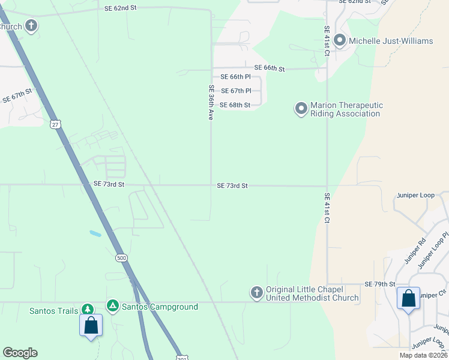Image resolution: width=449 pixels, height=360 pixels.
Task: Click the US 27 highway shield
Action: pyautogui.click(x=55, y=124)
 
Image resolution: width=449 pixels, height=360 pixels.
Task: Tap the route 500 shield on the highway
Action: pyautogui.click(x=122, y=258)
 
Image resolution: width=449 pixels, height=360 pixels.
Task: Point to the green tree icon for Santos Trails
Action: pyautogui.click(x=88, y=308)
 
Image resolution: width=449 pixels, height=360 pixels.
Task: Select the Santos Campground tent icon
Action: pyautogui.click(x=112, y=306)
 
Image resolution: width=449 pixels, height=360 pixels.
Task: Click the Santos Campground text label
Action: pyautogui.click(x=160, y=307)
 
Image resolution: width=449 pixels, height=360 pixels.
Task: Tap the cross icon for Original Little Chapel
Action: pyautogui.click(x=257, y=292)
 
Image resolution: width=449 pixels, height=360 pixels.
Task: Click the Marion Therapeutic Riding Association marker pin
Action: pyautogui.click(x=301, y=109)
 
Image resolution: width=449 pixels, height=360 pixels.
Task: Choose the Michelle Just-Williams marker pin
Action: pyautogui.click(x=339, y=41)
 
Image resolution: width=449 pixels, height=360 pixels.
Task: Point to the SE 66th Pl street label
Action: pyautogui.click(x=235, y=77)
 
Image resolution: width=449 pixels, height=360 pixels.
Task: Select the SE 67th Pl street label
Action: pyautogui.click(x=236, y=91)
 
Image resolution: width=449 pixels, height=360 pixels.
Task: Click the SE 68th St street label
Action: pyautogui.click(x=235, y=105)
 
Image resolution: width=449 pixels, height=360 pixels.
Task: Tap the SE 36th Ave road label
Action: pyautogui.click(x=211, y=103)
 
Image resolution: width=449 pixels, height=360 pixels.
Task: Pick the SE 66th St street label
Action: pyautogui.click(x=269, y=68)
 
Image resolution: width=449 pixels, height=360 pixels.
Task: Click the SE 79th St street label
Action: pyautogui.click(x=380, y=284)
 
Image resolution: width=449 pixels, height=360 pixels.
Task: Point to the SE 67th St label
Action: pyautogui.click(x=17, y=96)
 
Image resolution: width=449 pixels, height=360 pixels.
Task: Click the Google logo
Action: pyautogui.click(x=20, y=353)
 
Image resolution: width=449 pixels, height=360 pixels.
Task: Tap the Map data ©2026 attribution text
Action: pyautogui.click(x=423, y=355)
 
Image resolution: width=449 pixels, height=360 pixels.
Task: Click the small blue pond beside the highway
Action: pyautogui.click(x=95, y=233)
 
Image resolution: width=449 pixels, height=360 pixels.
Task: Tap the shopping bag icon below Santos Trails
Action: pyautogui.click(x=91, y=325)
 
